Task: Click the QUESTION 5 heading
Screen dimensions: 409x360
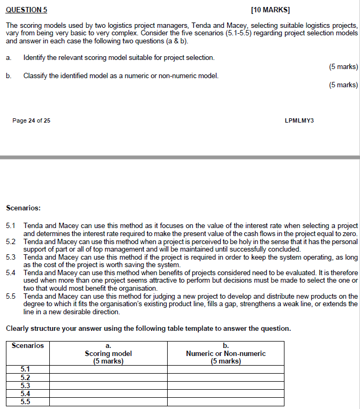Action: tap(26, 10)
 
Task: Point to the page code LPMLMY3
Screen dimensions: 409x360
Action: tap(299, 120)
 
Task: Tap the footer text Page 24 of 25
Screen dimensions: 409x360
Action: tap(32, 120)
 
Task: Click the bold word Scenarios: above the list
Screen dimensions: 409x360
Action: tap(23, 207)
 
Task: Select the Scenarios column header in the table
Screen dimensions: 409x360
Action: tap(28, 346)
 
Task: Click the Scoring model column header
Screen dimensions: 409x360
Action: tap(108, 353)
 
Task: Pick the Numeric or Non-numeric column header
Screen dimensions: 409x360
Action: tap(226, 353)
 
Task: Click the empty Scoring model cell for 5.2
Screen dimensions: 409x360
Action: tap(108, 377)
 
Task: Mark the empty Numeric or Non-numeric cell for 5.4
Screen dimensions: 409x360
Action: tap(226, 393)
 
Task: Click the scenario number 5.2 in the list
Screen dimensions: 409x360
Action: tap(11, 241)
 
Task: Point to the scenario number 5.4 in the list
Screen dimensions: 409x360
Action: tap(11, 272)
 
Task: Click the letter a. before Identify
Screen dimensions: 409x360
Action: tap(9, 57)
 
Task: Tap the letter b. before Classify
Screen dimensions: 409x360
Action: tap(9, 75)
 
